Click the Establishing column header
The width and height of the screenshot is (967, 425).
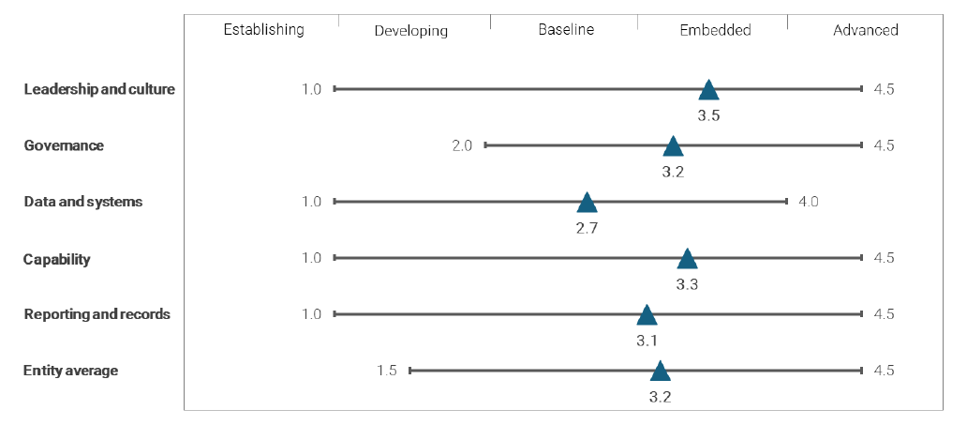click(x=263, y=29)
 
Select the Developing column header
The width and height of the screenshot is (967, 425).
click(x=410, y=31)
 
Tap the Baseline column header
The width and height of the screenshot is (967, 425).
click(x=565, y=30)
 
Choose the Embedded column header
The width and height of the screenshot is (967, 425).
click(x=715, y=30)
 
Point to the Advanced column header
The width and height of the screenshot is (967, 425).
click(x=865, y=30)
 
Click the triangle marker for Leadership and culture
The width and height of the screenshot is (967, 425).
click(x=708, y=90)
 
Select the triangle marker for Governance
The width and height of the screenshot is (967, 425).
click(x=673, y=146)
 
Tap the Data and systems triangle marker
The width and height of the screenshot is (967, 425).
click(x=587, y=203)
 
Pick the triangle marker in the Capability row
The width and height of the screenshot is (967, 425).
click(x=687, y=259)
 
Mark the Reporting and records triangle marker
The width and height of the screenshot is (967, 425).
click(x=647, y=315)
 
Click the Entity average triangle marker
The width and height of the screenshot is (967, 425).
click(x=661, y=372)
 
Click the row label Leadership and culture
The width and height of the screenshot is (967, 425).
click(x=99, y=89)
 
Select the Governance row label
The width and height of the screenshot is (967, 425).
click(x=64, y=145)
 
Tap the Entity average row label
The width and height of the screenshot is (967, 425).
click(x=70, y=371)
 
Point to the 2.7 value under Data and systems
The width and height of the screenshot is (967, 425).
click(x=587, y=228)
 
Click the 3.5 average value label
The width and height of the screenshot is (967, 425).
click(x=708, y=115)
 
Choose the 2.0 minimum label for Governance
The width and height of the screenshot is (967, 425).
click(x=462, y=145)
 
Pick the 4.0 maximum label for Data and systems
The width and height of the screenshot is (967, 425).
click(x=808, y=202)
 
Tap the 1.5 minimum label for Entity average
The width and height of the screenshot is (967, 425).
click(x=387, y=371)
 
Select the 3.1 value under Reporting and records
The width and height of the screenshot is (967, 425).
click(x=647, y=340)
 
